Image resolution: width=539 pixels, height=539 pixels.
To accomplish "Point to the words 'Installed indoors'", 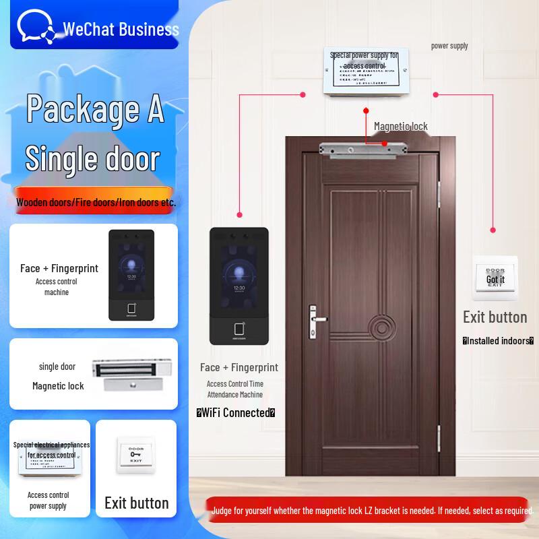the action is pyautogui.click(x=498, y=341).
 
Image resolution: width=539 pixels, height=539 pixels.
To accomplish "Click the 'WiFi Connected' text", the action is pyautogui.click(x=235, y=413).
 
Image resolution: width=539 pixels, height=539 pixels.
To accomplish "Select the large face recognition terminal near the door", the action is pyautogui.click(x=239, y=286).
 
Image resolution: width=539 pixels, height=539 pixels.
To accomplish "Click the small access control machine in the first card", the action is pyautogui.click(x=132, y=275).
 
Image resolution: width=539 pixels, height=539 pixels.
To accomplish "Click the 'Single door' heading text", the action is pyautogui.click(x=92, y=158).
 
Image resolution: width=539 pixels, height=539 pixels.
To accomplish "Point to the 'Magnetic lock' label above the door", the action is pyautogui.click(x=401, y=126).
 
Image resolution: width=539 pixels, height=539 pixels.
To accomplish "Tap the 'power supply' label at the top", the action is pyautogui.click(x=449, y=46).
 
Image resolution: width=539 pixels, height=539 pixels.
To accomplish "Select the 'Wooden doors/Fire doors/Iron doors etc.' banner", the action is pyautogui.click(x=96, y=201).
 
